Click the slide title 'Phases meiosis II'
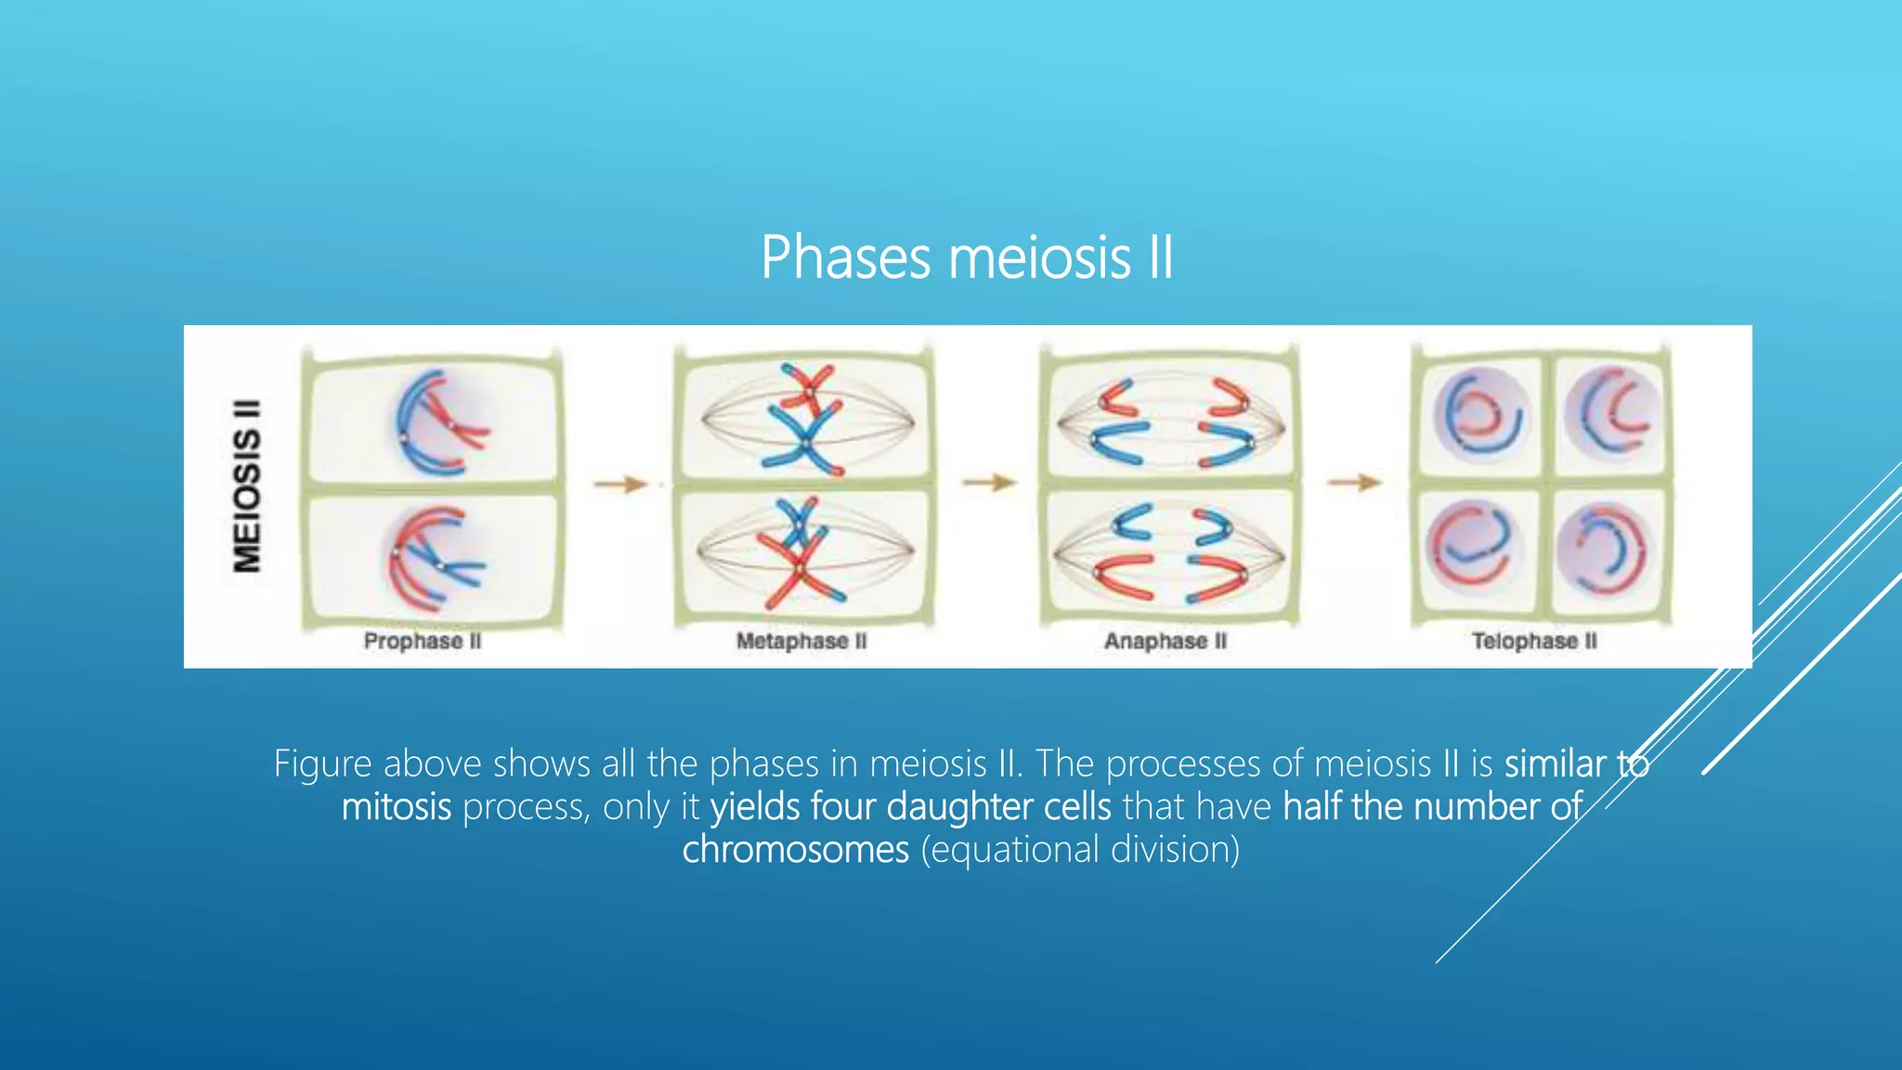coord(967,257)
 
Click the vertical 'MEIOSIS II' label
coord(247,486)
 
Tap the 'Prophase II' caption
coord(423,641)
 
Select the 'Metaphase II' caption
coord(801,641)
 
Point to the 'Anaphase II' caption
coord(1166,641)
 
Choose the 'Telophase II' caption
coord(1534,641)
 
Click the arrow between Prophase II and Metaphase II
coord(620,484)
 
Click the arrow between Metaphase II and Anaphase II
coord(989,482)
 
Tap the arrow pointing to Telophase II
coord(1354,482)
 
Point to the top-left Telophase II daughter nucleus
coord(1478,414)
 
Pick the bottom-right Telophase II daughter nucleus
coord(1602,551)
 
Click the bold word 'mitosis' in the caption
coord(397,806)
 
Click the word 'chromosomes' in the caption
coord(795,849)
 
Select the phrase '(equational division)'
coord(1080,849)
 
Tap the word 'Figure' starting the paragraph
coord(322,763)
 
